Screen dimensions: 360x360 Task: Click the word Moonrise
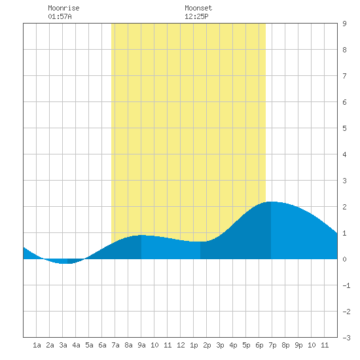pyautogui.click(x=63, y=8)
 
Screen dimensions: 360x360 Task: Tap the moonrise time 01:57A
pyautogui.click(x=60, y=16)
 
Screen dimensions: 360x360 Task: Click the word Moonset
pyautogui.click(x=198, y=8)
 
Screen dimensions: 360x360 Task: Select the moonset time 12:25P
pyautogui.click(x=196, y=16)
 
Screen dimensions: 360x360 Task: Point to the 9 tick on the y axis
pyautogui.click(x=344, y=24)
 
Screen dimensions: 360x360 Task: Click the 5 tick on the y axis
pyautogui.click(x=344, y=128)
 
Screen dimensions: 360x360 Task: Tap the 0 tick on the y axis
pyautogui.click(x=344, y=259)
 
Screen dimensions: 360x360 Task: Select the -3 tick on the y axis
pyautogui.click(x=346, y=338)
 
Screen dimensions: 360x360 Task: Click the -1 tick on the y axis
pyautogui.click(x=346, y=285)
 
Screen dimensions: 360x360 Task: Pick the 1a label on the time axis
pyautogui.click(x=37, y=345)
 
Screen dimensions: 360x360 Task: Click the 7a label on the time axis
pyautogui.click(x=115, y=345)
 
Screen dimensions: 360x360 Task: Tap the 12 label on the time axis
pyautogui.click(x=181, y=345)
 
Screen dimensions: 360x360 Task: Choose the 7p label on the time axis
pyautogui.click(x=272, y=345)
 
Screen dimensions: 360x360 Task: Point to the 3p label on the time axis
pyautogui.click(x=220, y=345)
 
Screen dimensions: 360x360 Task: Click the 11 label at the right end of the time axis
pyautogui.click(x=325, y=345)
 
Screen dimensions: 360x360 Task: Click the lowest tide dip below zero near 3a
pyautogui.click(x=66, y=264)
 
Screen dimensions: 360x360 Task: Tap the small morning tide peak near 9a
pyautogui.click(x=141, y=235)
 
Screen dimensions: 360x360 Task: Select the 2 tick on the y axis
pyautogui.click(x=344, y=207)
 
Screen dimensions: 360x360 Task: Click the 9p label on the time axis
pyautogui.click(x=298, y=345)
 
